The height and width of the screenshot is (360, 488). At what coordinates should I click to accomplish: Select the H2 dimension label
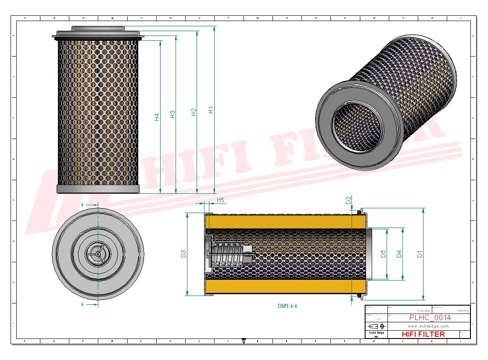coord(194,112)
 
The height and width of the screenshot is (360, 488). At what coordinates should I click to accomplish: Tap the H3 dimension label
coord(173,114)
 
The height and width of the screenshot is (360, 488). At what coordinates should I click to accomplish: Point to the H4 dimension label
coord(157,117)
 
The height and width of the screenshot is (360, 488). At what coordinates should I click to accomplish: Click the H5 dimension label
coord(220,200)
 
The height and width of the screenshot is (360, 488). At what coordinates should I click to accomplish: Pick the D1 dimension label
coord(420,253)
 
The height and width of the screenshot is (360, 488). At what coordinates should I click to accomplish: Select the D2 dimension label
coord(349,200)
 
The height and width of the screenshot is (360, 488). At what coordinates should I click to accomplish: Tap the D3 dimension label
coord(184,253)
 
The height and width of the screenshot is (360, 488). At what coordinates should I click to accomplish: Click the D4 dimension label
coord(399,253)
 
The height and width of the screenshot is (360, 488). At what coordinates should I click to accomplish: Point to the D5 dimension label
coord(383,253)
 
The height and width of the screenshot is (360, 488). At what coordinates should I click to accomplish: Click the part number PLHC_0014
coord(430,318)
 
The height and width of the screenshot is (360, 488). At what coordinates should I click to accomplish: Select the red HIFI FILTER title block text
coord(423,334)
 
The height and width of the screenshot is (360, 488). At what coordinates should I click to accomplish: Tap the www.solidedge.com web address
coord(428,326)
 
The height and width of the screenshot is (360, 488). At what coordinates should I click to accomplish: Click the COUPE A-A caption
coord(287,306)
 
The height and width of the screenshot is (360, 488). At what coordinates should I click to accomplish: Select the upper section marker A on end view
coord(83,205)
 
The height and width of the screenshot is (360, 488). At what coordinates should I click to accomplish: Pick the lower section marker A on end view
coord(83,303)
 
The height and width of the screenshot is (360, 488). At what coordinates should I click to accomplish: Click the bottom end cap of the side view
coord(98,189)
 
